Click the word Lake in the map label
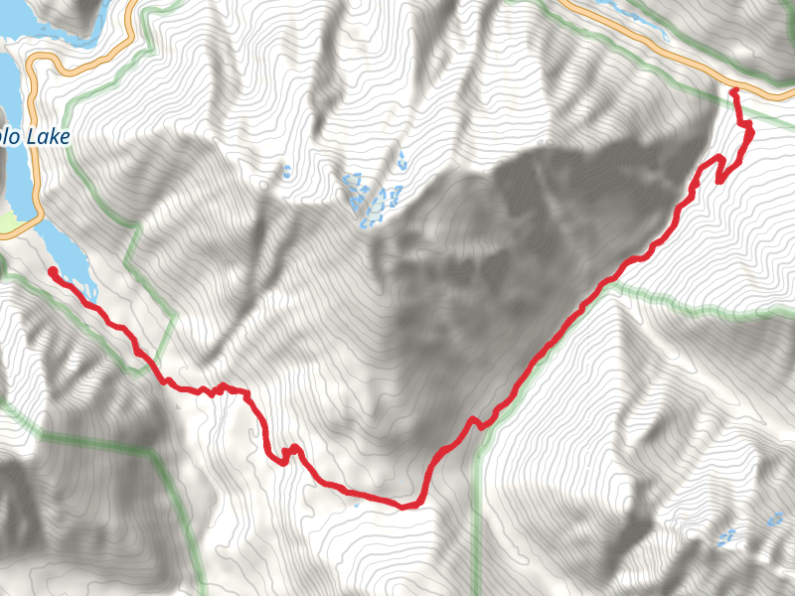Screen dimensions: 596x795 pyautogui.click(x=48, y=137)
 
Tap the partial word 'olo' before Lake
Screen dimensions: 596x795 pyautogui.click(x=10, y=137)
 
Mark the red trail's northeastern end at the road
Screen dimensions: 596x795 pyautogui.click(x=733, y=90)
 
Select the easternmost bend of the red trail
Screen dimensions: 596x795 pyautogui.click(x=750, y=131)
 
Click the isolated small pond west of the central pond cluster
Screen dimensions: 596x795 pyautogui.click(x=285, y=172)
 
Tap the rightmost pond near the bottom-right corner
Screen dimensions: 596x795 pyautogui.click(x=774, y=518)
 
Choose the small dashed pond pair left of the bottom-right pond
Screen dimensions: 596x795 pyautogui.click(x=726, y=537)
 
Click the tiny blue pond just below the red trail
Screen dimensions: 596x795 pyautogui.click(x=356, y=504)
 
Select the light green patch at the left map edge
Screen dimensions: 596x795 pyautogui.click(x=8, y=225)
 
